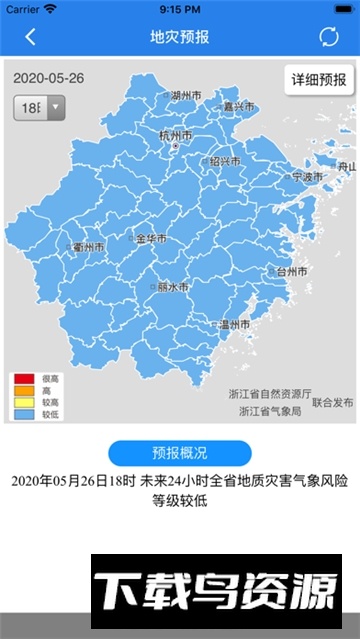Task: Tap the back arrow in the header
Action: tap(30, 38)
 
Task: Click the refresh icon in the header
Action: tap(329, 38)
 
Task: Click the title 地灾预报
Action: tap(179, 38)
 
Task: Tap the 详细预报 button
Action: tap(319, 80)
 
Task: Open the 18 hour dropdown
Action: tap(39, 107)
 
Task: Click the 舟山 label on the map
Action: tap(345, 166)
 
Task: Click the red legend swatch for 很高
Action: tap(23, 378)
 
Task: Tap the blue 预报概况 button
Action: tap(179, 452)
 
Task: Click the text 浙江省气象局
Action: tap(269, 410)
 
